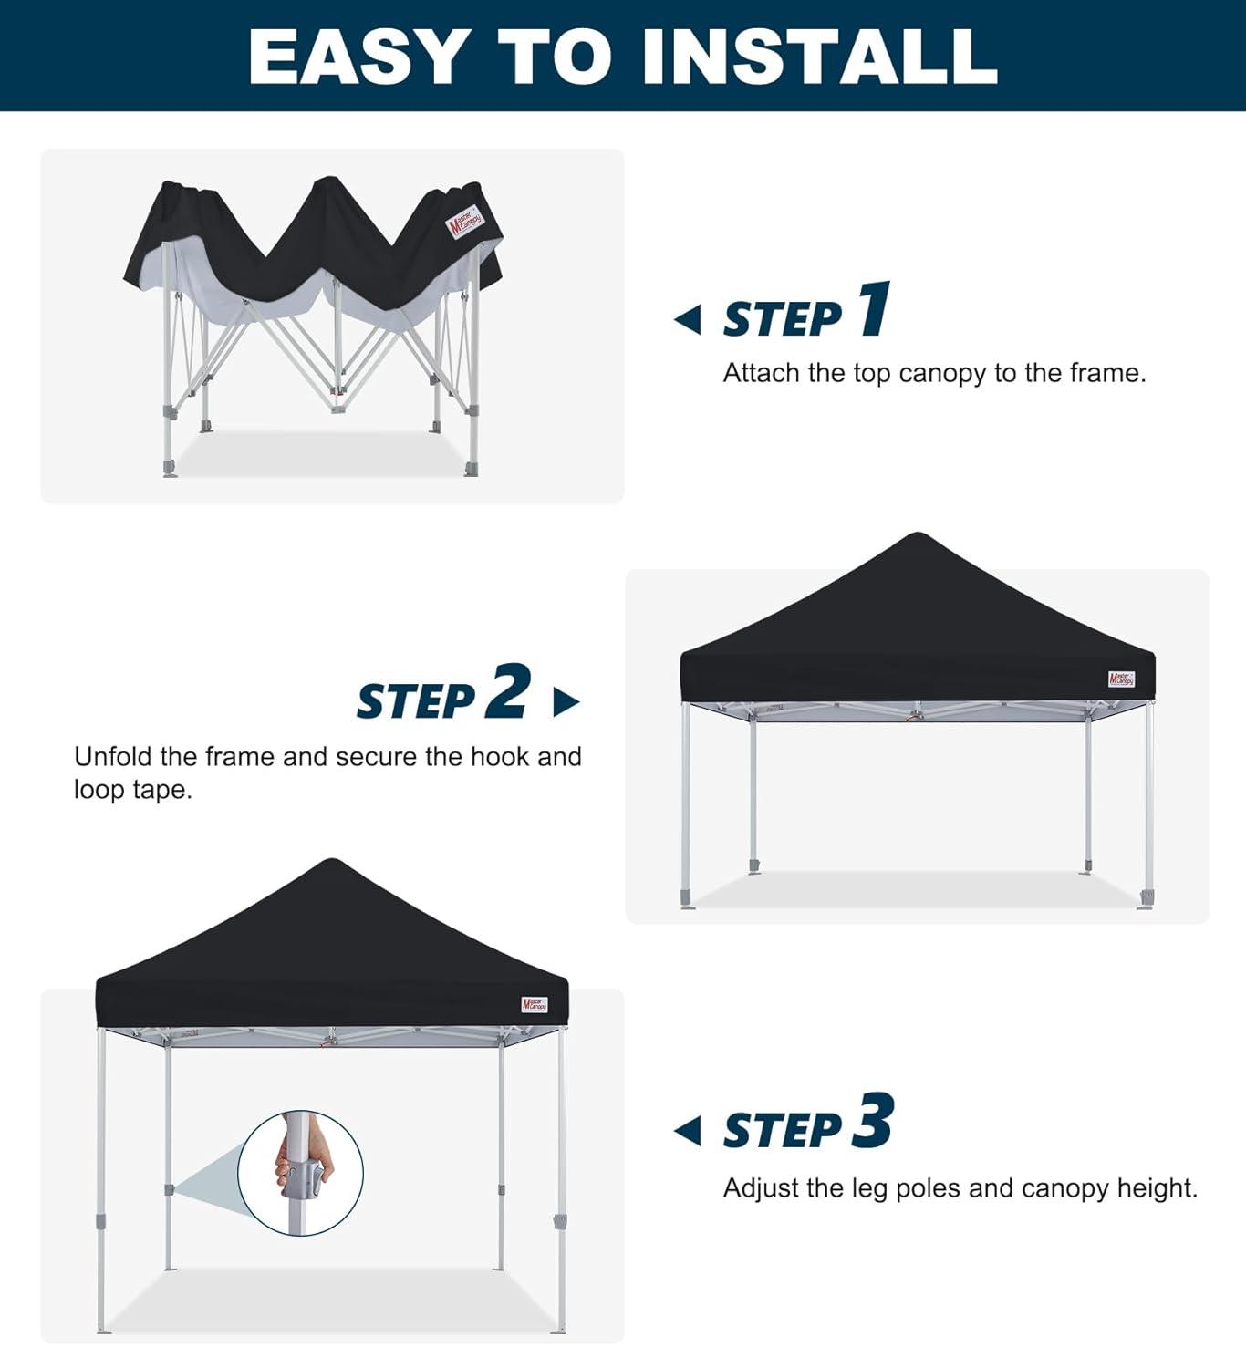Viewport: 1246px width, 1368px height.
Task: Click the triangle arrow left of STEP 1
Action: [x=688, y=320]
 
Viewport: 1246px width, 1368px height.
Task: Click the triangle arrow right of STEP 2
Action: [x=566, y=702]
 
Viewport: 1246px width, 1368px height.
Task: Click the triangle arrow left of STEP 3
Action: [x=688, y=1131]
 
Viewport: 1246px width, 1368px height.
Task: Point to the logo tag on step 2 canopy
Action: [x=1121, y=679]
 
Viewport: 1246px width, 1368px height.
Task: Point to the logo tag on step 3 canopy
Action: [x=535, y=1005]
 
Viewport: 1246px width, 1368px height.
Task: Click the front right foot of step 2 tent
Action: [x=1145, y=898]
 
